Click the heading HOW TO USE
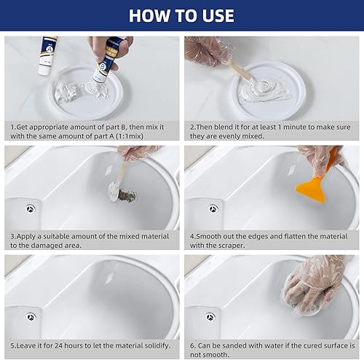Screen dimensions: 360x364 [x=182, y=15]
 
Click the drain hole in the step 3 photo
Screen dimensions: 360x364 [x=31, y=208]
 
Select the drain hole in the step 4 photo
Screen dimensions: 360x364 [x=213, y=208]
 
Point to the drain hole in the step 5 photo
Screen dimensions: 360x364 [x=31, y=317]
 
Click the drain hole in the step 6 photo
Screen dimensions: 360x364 [x=210, y=317]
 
